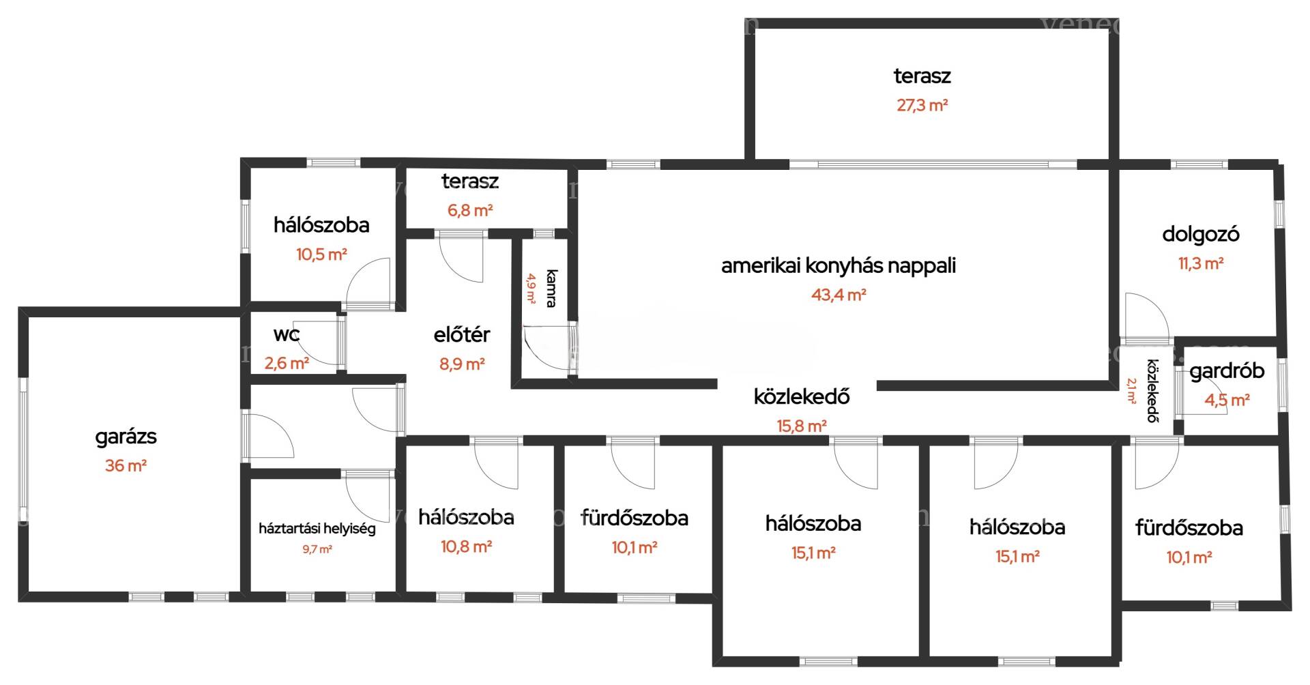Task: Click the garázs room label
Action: (x=126, y=437)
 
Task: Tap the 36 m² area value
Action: (x=126, y=466)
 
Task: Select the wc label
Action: (x=287, y=334)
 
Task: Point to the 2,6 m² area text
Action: (x=287, y=363)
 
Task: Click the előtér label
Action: (x=462, y=334)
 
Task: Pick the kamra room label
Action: (x=551, y=289)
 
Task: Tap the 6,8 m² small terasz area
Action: (x=470, y=210)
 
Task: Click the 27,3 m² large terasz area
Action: (x=922, y=105)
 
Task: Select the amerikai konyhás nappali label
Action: (x=839, y=265)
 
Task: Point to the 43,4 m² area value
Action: (x=839, y=295)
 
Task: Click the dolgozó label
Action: (x=1201, y=235)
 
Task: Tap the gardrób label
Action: (x=1227, y=371)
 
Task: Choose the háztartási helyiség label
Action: (x=317, y=529)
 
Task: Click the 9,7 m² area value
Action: (x=317, y=549)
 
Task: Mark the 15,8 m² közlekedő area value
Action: (x=802, y=426)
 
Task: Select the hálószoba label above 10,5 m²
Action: (x=321, y=225)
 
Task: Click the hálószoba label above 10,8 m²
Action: (x=466, y=517)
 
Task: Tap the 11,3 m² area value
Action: (x=1201, y=263)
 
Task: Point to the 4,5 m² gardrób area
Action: (x=1227, y=400)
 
